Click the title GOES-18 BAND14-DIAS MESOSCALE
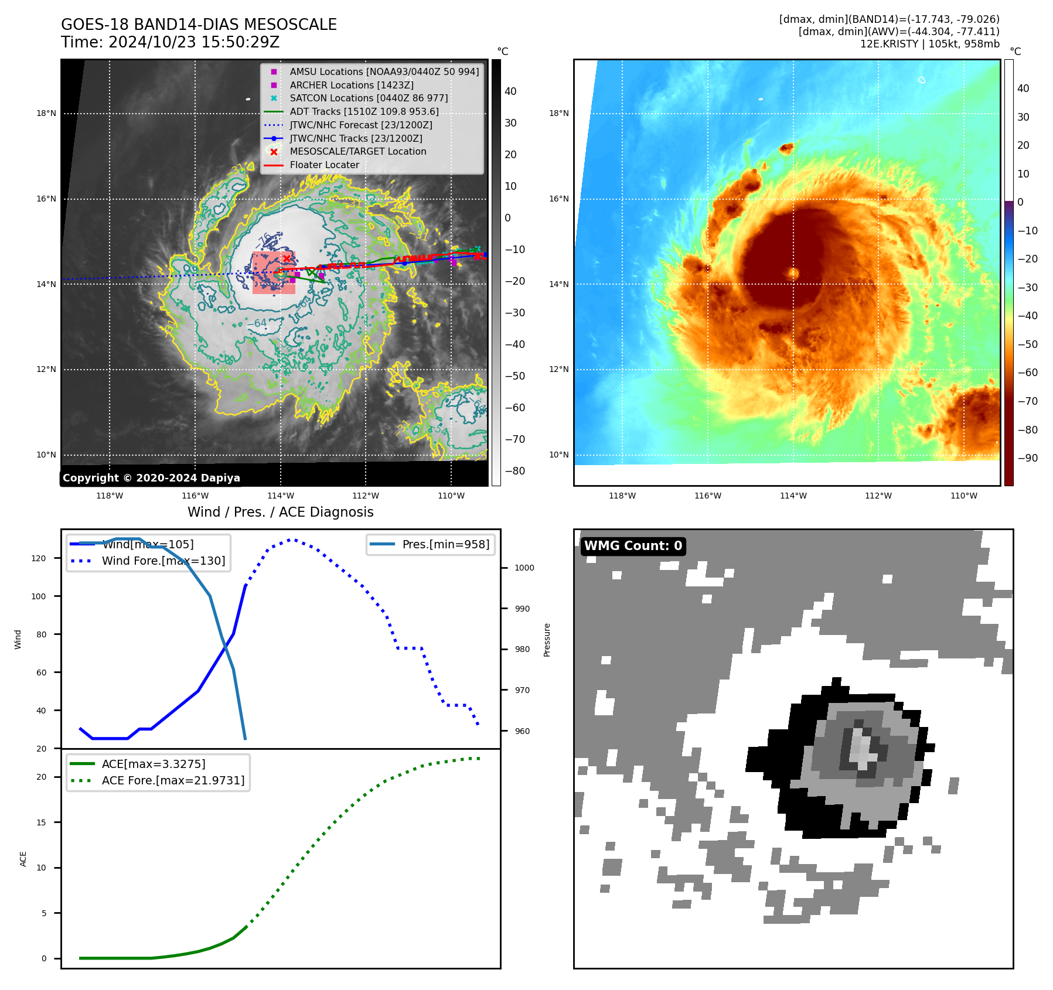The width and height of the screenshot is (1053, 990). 199,25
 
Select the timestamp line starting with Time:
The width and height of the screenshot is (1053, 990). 170,42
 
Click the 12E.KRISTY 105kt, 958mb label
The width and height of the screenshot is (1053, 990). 929,44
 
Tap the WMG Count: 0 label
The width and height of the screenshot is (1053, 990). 633,546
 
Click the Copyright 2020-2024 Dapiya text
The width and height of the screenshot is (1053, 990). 151,478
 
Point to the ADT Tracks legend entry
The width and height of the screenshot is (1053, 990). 364,111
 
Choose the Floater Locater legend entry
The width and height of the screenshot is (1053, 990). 324,165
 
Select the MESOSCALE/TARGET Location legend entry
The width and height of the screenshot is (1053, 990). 357,151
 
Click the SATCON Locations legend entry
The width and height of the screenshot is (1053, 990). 369,98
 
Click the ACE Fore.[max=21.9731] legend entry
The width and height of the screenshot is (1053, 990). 173,780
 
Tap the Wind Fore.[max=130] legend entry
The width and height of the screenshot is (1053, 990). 163,561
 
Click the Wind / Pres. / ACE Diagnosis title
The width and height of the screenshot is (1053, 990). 280,512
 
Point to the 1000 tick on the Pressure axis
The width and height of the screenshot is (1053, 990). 524,568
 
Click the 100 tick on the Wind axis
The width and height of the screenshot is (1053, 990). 39,596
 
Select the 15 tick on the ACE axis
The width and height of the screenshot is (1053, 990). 41,822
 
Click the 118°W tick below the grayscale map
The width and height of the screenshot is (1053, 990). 110,496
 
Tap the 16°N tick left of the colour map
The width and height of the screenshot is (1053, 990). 558,199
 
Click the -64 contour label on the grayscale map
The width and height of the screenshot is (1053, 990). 257,323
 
